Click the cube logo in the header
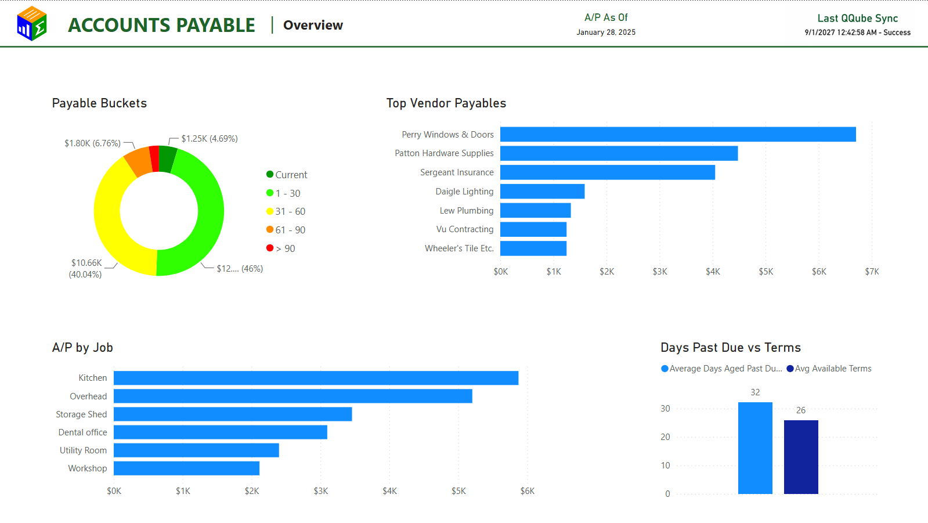pos(32,24)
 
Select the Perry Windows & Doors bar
pos(678,134)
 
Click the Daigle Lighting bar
pos(542,192)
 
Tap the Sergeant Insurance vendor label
pos(457,172)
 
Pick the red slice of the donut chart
pos(154,158)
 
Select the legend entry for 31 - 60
pos(286,211)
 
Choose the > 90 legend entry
pos(281,248)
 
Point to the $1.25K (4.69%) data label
pos(209,138)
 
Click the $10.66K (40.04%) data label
pos(86,269)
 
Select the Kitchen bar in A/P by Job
pos(316,378)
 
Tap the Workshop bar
pos(186,468)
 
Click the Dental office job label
pos(82,432)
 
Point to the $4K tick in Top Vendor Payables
pos(713,272)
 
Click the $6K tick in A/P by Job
pos(528,491)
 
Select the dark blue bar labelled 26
pos(801,457)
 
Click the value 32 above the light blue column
pos(755,392)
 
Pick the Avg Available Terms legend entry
pos(829,369)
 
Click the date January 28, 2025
pos(606,33)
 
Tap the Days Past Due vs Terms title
pos(730,347)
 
